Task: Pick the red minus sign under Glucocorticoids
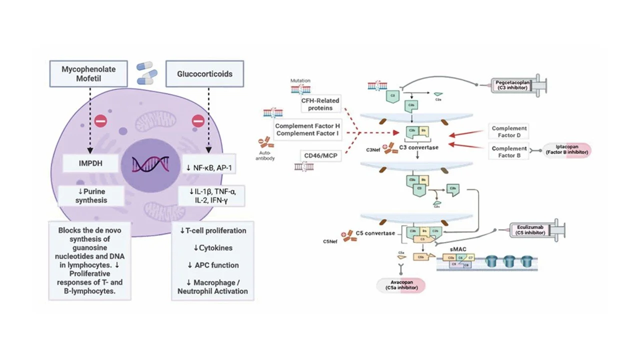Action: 198,120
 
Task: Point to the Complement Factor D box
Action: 509,132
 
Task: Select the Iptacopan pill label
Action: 567,149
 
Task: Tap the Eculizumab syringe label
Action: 530,231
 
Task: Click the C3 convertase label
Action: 419,148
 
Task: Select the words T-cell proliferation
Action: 213,230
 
